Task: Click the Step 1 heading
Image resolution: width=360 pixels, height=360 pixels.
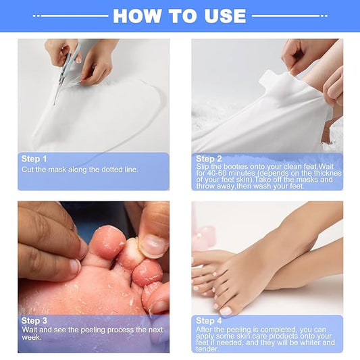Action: [34, 159]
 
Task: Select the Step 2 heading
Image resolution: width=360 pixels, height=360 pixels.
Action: [208, 159]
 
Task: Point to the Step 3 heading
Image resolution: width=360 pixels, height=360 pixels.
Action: [34, 321]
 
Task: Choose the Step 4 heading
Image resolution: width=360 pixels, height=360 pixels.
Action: [209, 320]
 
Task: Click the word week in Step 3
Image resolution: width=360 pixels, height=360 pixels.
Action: [31, 337]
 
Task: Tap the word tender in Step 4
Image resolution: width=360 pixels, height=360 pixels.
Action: [207, 349]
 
